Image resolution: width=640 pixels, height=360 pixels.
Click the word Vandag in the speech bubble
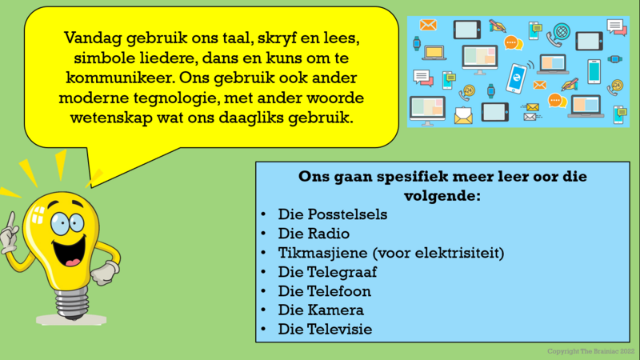(93, 38)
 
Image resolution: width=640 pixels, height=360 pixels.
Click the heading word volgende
(441, 196)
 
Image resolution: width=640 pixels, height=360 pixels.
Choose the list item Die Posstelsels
(333, 214)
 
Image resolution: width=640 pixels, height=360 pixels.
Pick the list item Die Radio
(314, 234)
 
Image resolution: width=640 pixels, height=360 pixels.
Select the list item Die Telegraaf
(327, 272)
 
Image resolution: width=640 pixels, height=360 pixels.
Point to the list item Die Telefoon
(325, 291)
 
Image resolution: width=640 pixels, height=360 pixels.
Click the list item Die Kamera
(321, 310)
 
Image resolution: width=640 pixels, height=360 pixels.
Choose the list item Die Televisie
(325, 330)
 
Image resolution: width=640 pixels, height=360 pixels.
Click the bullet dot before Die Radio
(263, 234)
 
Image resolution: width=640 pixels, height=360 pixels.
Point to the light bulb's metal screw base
(72, 303)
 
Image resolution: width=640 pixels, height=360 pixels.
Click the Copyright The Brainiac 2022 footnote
(590, 351)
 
